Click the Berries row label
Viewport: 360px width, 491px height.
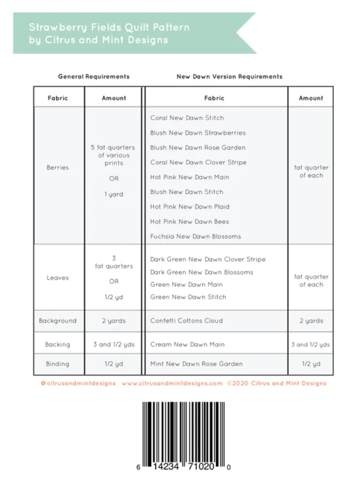click(57, 168)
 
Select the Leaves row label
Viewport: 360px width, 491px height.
click(57, 277)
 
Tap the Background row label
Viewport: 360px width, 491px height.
click(57, 321)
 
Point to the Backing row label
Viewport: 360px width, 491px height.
click(57, 344)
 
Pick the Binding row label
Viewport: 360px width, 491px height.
click(57, 364)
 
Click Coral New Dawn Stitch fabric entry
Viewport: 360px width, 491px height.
click(187, 118)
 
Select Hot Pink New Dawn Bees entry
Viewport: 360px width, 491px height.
click(189, 221)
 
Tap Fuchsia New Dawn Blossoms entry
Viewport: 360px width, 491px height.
click(195, 236)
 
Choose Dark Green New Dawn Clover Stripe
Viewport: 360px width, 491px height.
click(208, 259)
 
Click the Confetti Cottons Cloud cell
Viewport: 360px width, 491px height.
click(186, 321)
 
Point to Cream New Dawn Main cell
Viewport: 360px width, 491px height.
click(187, 344)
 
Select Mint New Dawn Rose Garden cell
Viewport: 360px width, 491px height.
click(196, 364)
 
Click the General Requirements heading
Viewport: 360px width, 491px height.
click(94, 76)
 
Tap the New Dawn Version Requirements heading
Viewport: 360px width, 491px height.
click(230, 76)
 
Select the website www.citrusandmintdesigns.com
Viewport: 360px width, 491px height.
click(172, 383)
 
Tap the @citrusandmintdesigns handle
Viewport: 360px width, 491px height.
click(78, 383)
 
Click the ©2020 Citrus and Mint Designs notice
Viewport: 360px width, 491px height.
click(276, 383)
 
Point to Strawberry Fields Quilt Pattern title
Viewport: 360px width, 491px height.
click(109, 27)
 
